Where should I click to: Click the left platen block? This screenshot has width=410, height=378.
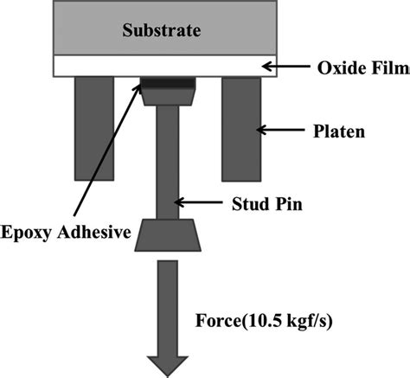tap(94, 128)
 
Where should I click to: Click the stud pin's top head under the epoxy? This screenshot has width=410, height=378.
tap(166, 97)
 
